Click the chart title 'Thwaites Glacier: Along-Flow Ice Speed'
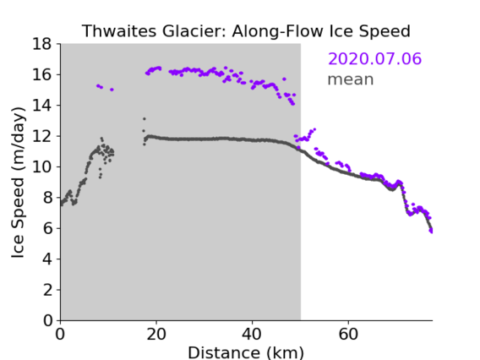(x=246, y=31)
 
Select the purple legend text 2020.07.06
(x=374, y=58)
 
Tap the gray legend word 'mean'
(x=351, y=79)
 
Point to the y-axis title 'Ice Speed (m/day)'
(x=18, y=183)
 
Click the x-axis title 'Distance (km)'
(x=246, y=352)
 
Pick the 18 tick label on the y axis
(x=42, y=44)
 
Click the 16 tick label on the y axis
(x=42, y=74)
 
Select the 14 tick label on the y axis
(x=42, y=106)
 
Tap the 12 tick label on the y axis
(x=42, y=136)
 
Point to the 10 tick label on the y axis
(x=42, y=166)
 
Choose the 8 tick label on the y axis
(x=47, y=198)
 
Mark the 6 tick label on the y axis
(x=47, y=228)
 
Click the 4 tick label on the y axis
(x=47, y=259)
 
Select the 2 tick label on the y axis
(x=47, y=290)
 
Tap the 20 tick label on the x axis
(x=156, y=334)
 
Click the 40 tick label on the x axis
(x=252, y=334)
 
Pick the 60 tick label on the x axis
(x=348, y=334)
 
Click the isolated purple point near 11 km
(x=112, y=90)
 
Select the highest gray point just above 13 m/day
(x=145, y=119)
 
